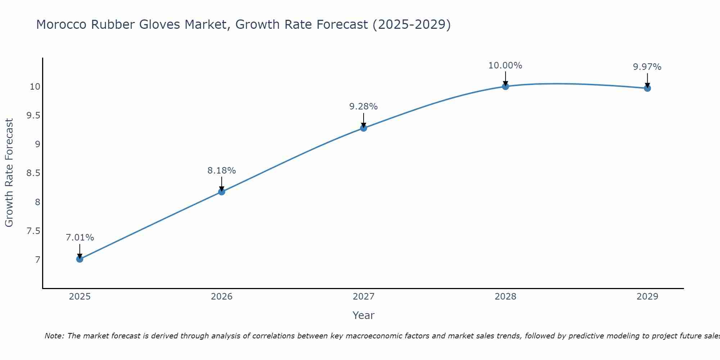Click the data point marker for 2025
click(x=80, y=259)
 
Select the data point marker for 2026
click(x=222, y=192)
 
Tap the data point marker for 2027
click(x=364, y=128)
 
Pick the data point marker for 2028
click(x=505, y=86)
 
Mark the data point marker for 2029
click(x=647, y=88)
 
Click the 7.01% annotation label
click(x=80, y=238)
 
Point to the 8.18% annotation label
click(x=222, y=170)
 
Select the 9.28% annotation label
click(x=364, y=107)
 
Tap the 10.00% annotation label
click(x=505, y=66)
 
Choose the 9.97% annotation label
click(x=647, y=67)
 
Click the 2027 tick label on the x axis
click(x=364, y=297)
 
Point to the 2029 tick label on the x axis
click(x=647, y=297)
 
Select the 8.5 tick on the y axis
click(x=33, y=173)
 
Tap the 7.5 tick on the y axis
click(x=33, y=231)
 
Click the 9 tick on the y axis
click(x=37, y=144)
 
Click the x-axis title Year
click(x=364, y=315)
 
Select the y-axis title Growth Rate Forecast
click(x=9, y=173)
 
